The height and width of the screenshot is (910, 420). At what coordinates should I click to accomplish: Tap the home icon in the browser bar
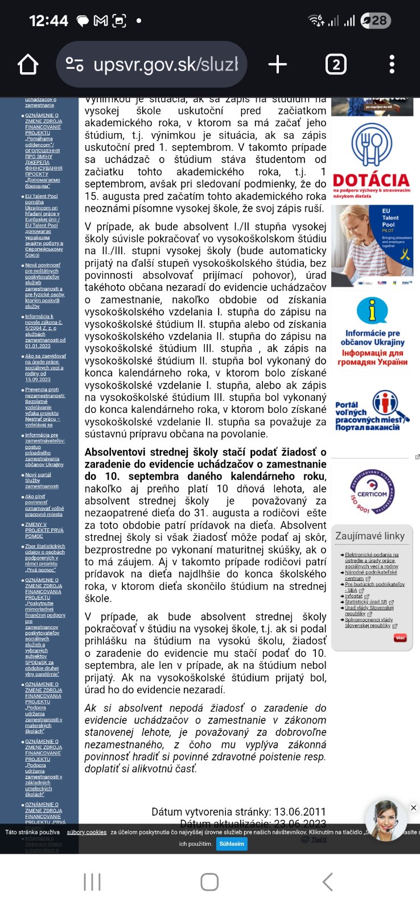(x=28, y=64)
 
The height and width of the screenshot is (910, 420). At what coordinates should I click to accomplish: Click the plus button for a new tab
(x=277, y=64)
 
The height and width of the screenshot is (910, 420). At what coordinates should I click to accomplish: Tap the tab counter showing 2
(x=336, y=64)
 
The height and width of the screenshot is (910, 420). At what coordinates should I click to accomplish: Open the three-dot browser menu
(x=392, y=64)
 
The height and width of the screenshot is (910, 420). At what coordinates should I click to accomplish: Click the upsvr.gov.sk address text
(x=165, y=64)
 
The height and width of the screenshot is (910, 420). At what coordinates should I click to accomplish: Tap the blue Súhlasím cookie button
(x=232, y=843)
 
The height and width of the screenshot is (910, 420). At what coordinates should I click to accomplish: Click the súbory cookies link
(x=87, y=832)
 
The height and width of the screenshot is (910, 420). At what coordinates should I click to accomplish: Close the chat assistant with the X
(x=414, y=808)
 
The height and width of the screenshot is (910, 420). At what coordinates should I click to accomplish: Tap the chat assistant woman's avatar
(x=386, y=821)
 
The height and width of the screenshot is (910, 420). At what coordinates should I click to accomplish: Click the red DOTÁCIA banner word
(x=371, y=180)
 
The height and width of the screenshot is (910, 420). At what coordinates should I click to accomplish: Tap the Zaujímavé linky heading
(x=370, y=536)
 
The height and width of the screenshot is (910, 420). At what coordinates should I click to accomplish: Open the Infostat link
(x=353, y=596)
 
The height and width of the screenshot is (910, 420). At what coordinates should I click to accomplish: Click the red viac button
(x=400, y=638)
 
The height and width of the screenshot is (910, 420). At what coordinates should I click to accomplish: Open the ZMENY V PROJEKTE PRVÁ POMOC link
(x=44, y=530)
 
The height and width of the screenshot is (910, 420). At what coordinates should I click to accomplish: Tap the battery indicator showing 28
(x=376, y=21)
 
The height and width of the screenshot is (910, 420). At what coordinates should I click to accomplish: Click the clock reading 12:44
(x=48, y=21)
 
